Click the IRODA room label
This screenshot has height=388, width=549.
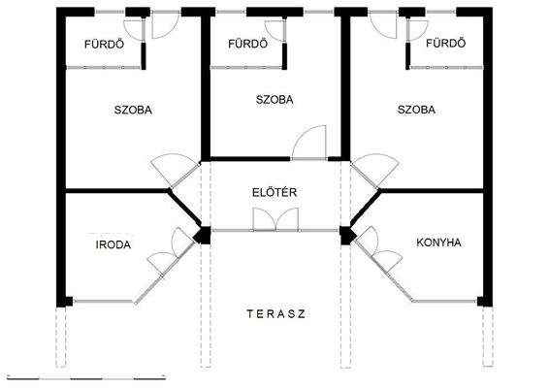(x=113, y=244)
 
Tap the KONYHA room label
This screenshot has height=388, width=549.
(x=437, y=242)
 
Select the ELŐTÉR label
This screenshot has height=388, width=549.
(x=274, y=192)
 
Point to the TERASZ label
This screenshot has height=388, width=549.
(x=276, y=313)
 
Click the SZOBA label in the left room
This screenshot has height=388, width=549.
(x=132, y=110)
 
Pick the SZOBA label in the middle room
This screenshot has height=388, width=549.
(x=274, y=99)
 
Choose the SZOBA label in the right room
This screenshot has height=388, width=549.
(x=416, y=110)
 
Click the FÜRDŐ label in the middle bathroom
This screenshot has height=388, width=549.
(x=247, y=44)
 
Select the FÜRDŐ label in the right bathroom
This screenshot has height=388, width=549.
(x=446, y=44)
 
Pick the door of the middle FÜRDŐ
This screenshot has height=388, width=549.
(x=278, y=30)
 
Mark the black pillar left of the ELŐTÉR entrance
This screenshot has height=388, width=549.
(x=202, y=235)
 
